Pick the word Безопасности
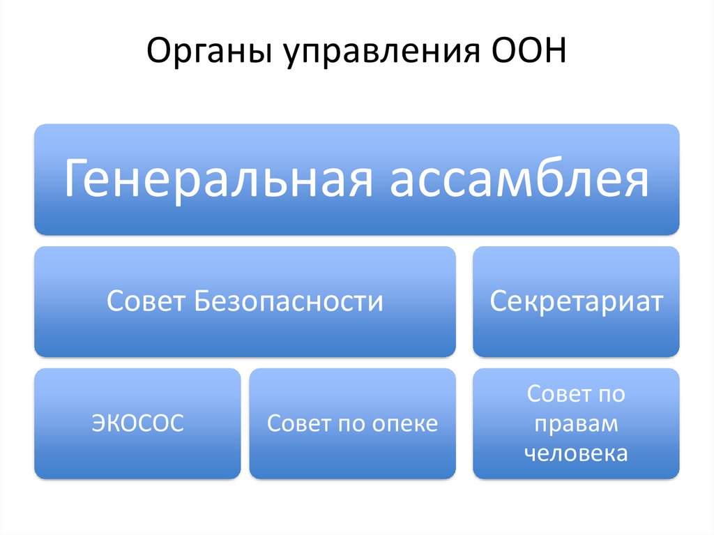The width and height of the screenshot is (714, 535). (x=289, y=301)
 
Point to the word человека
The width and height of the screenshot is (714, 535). (x=576, y=454)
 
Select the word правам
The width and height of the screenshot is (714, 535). (x=576, y=424)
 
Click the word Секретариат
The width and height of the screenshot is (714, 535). (x=576, y=301)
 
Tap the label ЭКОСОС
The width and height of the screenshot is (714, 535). (x=137, y=423)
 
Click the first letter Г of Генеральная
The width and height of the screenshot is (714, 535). (x=76, y=180)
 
